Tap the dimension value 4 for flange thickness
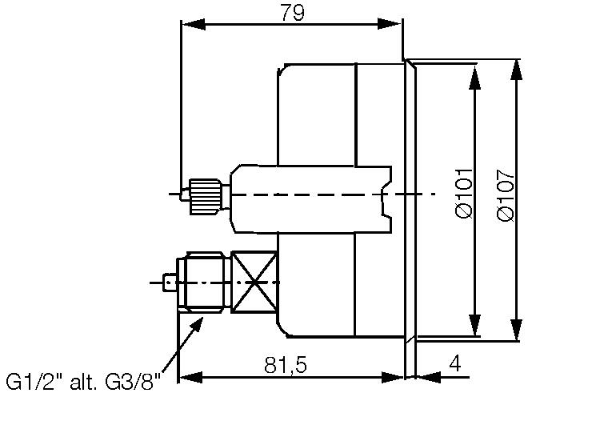(454, 364)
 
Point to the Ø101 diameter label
(465, 194)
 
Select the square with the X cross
(254, 283)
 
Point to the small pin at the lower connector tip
(169, 283)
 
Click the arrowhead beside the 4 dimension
(426, 376)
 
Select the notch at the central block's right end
(386, 195)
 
